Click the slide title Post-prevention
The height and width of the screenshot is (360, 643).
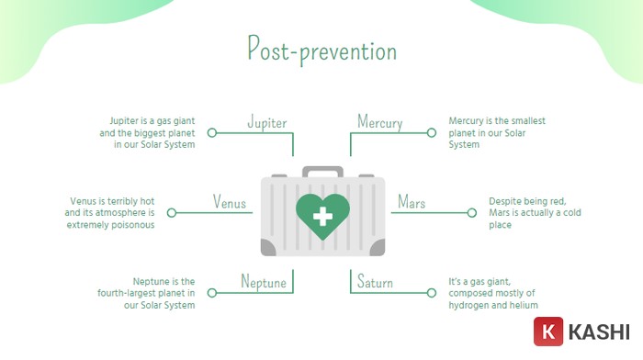tap(321, 48)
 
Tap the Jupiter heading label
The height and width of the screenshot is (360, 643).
tap(267, 122)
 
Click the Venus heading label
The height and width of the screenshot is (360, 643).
tap(230, 202)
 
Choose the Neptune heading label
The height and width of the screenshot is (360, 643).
tap(264, 282)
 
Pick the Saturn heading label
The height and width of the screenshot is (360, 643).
tap(375, 282)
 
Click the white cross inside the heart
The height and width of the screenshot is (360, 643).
tap(322, 217)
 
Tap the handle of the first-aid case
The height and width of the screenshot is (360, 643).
tap(322, 172)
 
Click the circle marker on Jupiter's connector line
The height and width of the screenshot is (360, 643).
tap(212, 133)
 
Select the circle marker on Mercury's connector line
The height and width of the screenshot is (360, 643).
tap(431, 133)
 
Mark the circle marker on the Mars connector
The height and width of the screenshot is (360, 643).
tap(472, 213)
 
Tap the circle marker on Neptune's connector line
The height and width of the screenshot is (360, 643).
tap(212, 293)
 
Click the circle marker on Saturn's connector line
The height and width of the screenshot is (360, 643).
tap(431, 293)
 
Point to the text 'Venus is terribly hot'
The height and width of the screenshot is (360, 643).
tap(111, 201)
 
